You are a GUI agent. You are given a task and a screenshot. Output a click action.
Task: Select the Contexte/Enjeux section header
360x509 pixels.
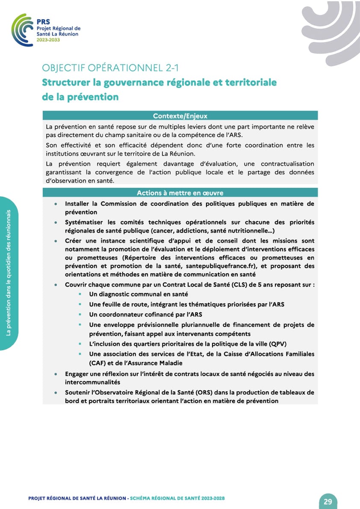180,115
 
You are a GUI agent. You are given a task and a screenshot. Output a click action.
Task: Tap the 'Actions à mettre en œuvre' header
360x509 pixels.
180,193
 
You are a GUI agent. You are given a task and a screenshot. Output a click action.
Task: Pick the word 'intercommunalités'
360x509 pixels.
92,382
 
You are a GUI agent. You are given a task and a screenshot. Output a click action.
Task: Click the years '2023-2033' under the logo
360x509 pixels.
48,39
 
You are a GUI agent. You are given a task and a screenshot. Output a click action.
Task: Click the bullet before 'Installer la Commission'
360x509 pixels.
56,204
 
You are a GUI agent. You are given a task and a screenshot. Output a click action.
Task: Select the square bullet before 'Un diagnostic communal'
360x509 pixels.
80,294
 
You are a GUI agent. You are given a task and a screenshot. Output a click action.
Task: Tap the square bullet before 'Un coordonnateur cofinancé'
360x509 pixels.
80,314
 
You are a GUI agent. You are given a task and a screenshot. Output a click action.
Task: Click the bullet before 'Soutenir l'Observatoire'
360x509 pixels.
56,393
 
